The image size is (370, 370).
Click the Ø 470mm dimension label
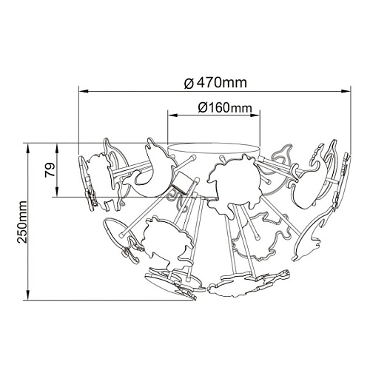coord(215,83)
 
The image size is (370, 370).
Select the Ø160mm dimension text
coord(225,108)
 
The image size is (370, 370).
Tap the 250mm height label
coord(22,222)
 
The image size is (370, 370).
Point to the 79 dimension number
coord(50,170)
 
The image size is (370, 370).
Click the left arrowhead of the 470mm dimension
coord(84,92)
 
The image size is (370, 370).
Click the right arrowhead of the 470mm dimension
coord(346,92)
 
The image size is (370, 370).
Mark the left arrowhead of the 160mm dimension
coord(172,115)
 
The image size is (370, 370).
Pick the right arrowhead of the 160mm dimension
coord(255,115)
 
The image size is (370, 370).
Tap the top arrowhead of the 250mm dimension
coord(28,148)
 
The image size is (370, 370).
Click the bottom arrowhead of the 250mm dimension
coord(28,295)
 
